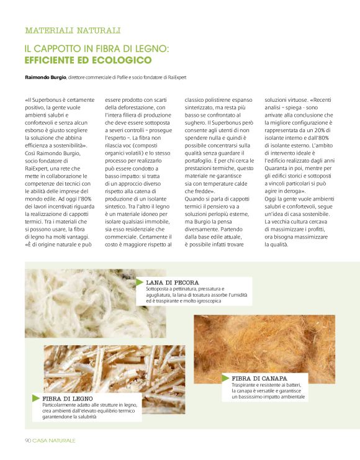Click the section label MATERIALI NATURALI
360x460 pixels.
click(73, 30)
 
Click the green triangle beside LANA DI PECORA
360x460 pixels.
click(140, 282)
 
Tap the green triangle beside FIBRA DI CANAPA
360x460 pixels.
click(226, 377)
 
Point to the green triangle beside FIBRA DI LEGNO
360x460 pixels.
click(36, 397)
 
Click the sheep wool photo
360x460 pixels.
click(81, 304)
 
